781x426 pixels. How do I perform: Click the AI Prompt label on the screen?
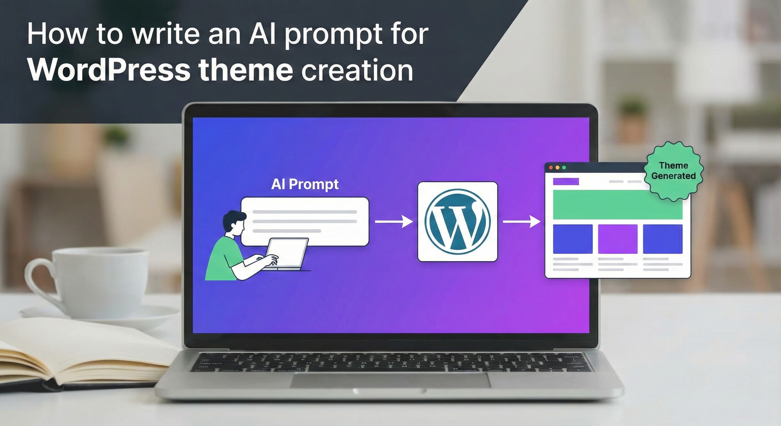305,184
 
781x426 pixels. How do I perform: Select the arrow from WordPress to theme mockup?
521,222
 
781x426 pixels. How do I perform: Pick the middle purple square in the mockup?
618,239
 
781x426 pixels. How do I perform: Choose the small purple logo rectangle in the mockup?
566,182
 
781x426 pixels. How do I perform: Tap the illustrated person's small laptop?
287,253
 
